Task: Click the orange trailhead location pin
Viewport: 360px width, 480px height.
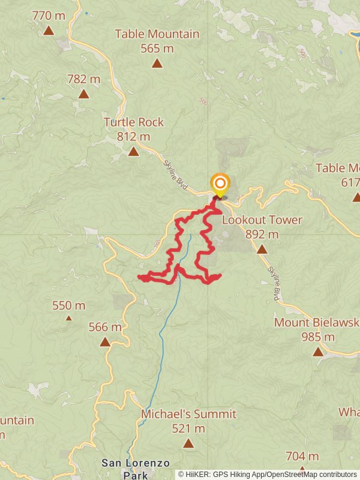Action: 220,184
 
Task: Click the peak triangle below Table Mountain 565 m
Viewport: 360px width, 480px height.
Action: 157,63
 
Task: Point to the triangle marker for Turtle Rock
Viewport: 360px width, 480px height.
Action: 133,152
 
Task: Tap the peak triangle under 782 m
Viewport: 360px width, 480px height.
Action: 84,94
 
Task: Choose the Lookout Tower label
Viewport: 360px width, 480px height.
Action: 262,220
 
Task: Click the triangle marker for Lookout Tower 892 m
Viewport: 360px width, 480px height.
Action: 262,248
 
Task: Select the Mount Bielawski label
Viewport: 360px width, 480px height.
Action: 317,323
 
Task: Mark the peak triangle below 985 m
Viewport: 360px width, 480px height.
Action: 318,352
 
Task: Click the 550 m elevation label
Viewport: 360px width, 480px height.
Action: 68,305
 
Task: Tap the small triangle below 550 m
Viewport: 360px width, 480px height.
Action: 68,318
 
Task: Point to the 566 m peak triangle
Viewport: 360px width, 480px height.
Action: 105,342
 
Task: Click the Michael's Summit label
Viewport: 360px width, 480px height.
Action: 189,415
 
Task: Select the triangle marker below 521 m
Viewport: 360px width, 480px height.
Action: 189,443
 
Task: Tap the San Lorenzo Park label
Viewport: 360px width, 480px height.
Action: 136,468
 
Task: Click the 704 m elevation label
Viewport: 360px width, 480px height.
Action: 303,456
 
